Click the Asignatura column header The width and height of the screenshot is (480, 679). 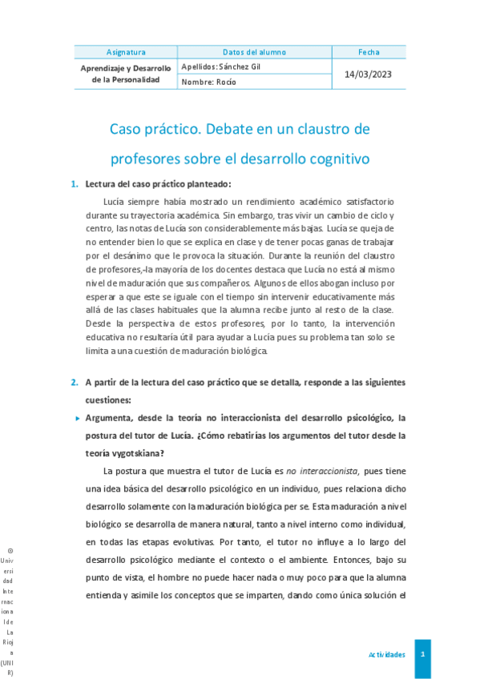click(x=126, y=52)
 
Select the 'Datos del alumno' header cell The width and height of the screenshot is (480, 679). click(x=254, y=52)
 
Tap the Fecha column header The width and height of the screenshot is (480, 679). click(x=369, y=52)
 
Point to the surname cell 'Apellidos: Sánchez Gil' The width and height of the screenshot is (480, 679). click(x=222, y=66)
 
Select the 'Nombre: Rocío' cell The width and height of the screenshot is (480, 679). click(x=209, y=81)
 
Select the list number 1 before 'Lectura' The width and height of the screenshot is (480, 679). click(x=74, y=184)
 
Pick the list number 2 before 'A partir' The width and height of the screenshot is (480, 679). click(x=74, y=382)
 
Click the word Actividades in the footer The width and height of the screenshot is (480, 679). click(x=386, y=654)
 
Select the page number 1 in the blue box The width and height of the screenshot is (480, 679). click(x=422, y=654)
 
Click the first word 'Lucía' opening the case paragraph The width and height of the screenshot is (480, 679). click(x=117, y=202)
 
